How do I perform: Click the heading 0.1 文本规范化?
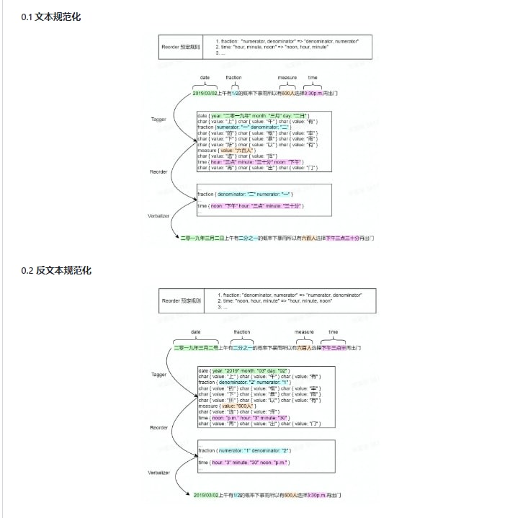tap(51, 17)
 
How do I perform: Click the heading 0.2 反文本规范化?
tap(56, 270)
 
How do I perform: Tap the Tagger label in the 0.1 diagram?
tap(158, 119)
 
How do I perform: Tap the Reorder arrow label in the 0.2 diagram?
tap(158, 427)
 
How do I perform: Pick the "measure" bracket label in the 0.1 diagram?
tap(287, 77)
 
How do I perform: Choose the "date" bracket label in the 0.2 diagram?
tap(196, 332)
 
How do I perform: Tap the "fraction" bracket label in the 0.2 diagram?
tap(242, 332)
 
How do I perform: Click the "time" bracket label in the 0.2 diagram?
tap(333, 332)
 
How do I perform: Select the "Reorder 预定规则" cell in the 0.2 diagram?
tap(182, 300)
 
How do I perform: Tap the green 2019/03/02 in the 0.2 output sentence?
tap(209, 496)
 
